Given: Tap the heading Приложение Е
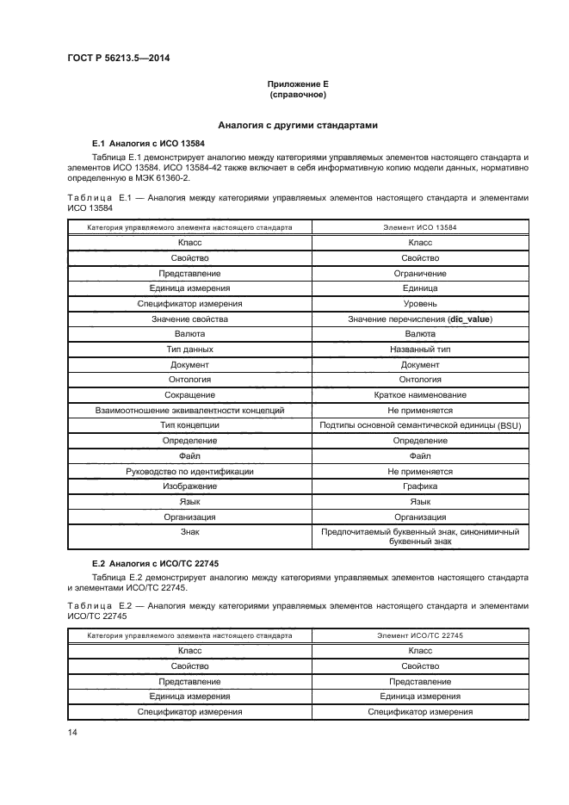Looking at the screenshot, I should (x=298, y=83).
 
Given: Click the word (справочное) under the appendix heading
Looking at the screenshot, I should (x=298, y=94).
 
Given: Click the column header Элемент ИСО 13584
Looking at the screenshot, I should (x=420, y=227).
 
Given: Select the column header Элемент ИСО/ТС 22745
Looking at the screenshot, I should (x=420, y=635).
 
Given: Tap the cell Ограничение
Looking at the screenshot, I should (x=420, y=273).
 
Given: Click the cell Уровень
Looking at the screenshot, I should (x=420, y=303).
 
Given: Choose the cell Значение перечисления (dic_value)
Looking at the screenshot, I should (x=420, y=319).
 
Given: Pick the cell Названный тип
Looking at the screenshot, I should (x=420, y=349).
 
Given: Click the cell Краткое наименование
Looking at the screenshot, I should (x=420, y=394).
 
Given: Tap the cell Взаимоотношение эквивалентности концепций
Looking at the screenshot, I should (x=189, y=410).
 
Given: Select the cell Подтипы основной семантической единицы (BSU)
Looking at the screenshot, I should (x=420, y=425).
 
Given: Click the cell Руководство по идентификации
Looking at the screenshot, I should (x=189, y=471).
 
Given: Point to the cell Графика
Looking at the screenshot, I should (x=420, y=486).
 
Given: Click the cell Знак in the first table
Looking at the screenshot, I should (x=189, y=532).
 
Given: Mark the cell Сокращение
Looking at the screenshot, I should (x=189, y=394).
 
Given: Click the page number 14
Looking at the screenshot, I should (x=72, y=732).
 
